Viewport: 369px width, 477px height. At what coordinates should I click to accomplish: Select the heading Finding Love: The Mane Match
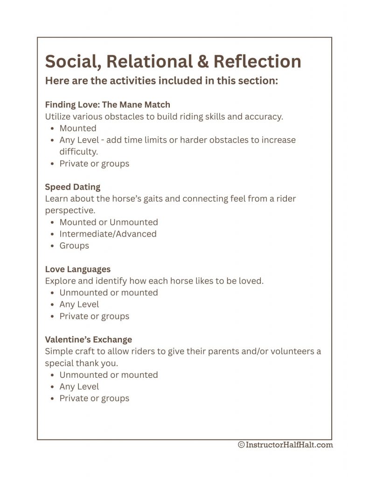coord(107,104)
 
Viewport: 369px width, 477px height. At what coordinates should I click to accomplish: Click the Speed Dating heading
coord(72,187)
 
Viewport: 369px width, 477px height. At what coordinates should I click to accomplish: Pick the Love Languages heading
coord(77,269)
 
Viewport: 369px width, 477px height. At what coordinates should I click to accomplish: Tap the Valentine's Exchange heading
coord(88,339)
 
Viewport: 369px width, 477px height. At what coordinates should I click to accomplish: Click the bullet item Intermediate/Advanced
coord(108,234)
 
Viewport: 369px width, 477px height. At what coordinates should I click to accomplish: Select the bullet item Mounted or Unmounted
coord(108,222)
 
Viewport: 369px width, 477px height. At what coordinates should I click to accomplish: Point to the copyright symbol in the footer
coord(241,445)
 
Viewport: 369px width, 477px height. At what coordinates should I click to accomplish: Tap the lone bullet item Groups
coord(74,245)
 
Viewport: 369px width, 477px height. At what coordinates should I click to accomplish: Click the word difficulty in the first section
coord(78,151)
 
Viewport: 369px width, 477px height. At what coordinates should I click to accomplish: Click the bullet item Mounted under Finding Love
coord(77,128)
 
